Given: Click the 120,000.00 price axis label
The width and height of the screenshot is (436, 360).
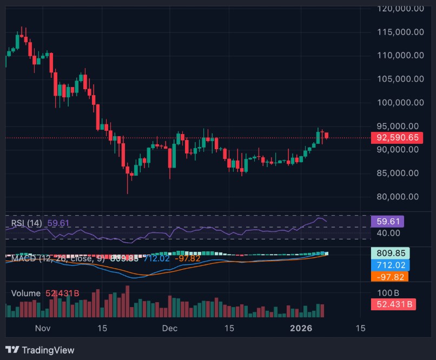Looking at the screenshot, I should click(400, 8).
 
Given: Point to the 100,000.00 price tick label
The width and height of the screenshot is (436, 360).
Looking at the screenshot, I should click(400, 102).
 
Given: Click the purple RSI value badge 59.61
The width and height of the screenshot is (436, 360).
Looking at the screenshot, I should click(387, 221).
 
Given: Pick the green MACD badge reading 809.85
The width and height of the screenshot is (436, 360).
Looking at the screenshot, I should click(389, 253).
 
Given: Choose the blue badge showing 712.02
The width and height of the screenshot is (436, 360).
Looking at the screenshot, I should click(389, 265).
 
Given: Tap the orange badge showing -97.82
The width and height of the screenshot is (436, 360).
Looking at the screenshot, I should click(389, 277).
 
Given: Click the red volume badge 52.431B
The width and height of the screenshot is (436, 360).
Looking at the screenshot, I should click(393, 304).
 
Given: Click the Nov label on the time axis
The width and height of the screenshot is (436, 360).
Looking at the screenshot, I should click(42, 328).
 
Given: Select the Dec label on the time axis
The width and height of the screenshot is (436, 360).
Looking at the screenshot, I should click(170, 328).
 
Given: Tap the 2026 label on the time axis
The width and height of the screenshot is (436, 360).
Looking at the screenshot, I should click(301, 328).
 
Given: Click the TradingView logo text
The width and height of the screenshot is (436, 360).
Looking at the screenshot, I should click(48, 350).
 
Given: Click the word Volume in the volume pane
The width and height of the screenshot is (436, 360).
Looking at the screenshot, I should click(26, 293).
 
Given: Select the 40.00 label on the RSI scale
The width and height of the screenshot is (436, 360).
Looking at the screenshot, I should click(388, 233).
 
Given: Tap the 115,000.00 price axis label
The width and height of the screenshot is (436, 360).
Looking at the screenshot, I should click(400, 32).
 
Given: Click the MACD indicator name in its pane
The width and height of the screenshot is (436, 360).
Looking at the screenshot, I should click(23, 258).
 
